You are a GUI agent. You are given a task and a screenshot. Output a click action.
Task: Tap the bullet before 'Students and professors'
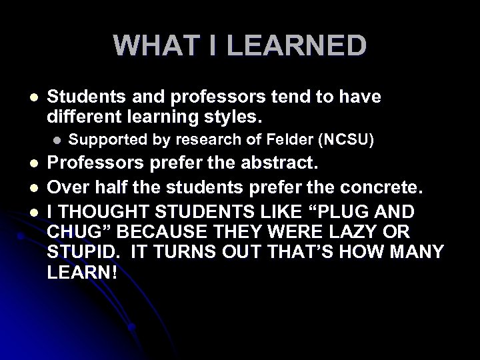click(x=25, y=98)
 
